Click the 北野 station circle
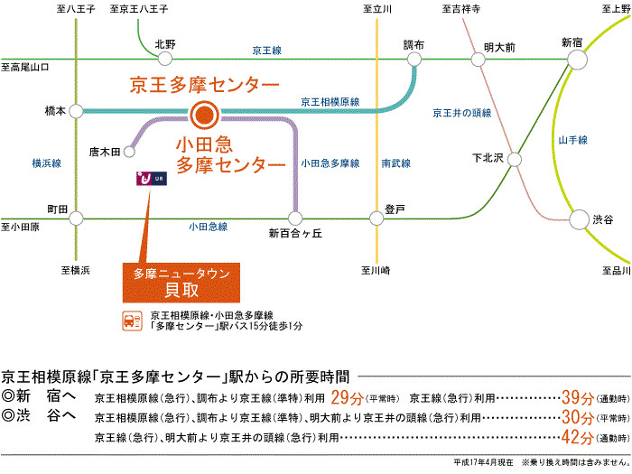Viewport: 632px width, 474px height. click(165, 59)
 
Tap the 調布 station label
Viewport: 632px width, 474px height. click(414, 43)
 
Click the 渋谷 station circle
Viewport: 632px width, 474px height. click(578, 218)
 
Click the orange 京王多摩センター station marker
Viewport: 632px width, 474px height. click(204, 115)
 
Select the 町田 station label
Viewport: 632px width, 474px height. click(57, 209)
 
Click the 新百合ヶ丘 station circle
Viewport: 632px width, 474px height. click(294, 218)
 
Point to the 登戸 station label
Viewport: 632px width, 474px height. click(395, 209)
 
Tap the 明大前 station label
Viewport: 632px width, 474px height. click(499, 45)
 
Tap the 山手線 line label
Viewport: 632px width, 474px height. click(573, 140)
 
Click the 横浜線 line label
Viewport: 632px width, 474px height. click(46, 163)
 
